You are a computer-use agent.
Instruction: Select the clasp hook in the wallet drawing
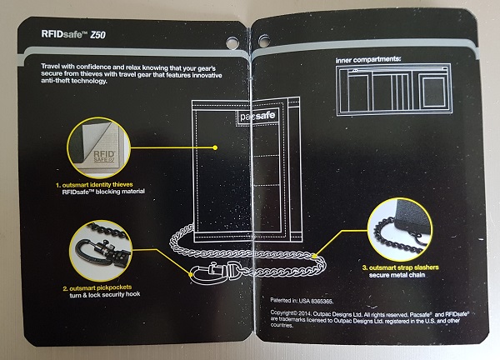click(x=211, y=270)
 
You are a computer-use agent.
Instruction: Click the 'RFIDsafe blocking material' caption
click(x=102, y=192)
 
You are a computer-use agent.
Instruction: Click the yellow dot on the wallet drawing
click(x=215, y=147)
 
